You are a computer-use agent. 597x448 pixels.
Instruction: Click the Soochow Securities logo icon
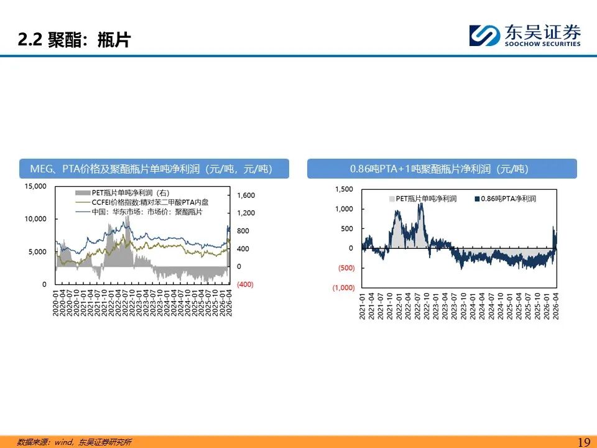click(x=484, y=35)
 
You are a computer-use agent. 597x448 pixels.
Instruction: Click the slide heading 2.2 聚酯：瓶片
click(x=75, y=39)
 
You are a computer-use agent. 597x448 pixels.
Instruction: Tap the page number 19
click(x=584, y=442)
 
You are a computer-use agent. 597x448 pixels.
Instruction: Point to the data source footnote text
click(x=74, y=442)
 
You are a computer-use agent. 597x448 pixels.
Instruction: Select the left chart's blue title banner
click(x=154, y=169)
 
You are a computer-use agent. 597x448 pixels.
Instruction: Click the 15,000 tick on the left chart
click(x=35, y=186)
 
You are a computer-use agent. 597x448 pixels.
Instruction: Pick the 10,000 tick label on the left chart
click(x=35, y=219)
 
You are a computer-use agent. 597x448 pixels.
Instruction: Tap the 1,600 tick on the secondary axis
click(x=246, y=195)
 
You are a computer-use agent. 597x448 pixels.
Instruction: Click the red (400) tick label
click(x=245, y=284)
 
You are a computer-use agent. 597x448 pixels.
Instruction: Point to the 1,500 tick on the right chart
click(x=344, y=189)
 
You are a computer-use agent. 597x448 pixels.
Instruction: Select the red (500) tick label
click(x=346, y=268)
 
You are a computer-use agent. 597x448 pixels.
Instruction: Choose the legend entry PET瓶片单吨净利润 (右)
click(x=123, y=193)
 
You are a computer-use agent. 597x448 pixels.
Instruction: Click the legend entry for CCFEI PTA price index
click(x=142, y=202)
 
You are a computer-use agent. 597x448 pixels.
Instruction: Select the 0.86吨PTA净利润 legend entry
click(x=505, y=199)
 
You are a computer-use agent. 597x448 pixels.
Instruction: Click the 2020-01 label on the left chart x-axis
click(x=55, y=303)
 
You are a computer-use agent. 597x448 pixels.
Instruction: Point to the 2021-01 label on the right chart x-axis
click(x=362, y=306)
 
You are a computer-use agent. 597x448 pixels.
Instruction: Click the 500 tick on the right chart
click(x=347, y=228)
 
